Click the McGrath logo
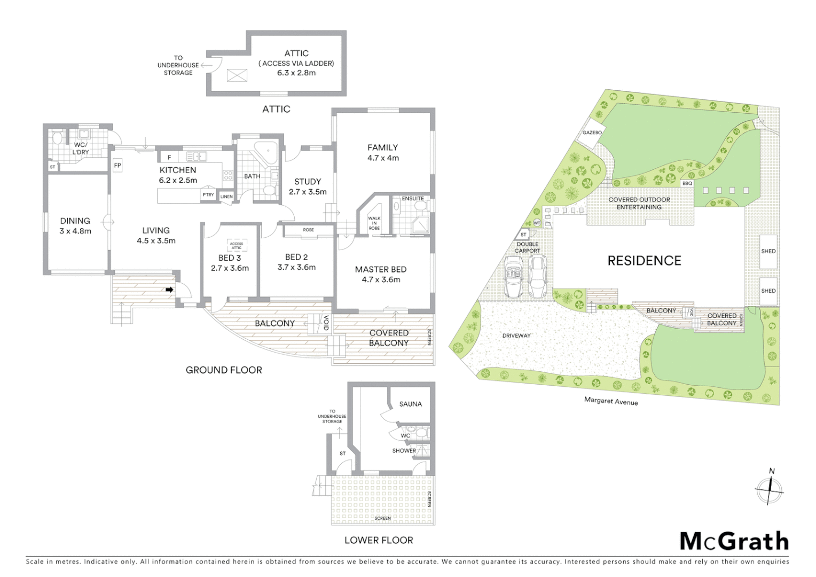point(734,541)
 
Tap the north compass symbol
point(770,489)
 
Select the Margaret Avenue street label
point(611,401)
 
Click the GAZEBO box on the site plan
point(592,132)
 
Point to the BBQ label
point(687,183)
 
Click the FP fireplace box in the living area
point(117,166)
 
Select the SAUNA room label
point(410,404)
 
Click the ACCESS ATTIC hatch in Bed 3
point(237,245)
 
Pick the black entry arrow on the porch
point(169,290)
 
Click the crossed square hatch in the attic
point(237,75)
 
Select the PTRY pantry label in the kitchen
point(208,195)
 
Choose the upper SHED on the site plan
point(768,251)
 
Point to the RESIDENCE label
point(644,261)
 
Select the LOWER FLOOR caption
point(379,540)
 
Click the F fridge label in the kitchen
point(169,157)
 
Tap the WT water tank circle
point(537,222)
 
